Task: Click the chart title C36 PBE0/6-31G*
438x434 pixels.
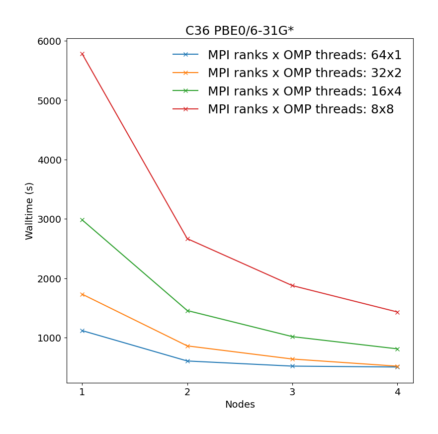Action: [x=240, y=31]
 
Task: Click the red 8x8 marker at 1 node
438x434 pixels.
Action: [x=83, y=54]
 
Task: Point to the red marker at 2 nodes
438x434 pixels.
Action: [x=187, y=239]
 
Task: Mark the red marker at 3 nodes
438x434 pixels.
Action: [x=292, y=285]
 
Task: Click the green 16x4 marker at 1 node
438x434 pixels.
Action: [x=83, y=220]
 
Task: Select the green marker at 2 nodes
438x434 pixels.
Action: [x=187, y=311]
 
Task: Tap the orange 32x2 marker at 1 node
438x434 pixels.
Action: [x=83, y=294]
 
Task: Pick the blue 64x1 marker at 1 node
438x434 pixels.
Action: [x=83, y=331]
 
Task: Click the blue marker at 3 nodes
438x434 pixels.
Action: [x=292, y=366]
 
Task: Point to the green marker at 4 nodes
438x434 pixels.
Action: [x=397, y=349]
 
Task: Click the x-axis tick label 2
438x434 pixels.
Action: [x=187, y=392]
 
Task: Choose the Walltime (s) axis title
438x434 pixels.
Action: [x=30, y=211]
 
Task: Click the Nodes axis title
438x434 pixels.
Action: [x=240, y=405]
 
